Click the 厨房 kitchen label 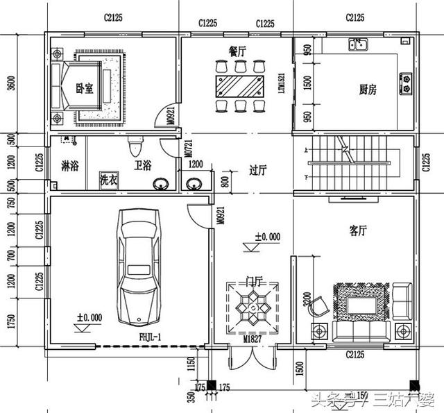(x=368, y=90)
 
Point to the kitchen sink (x=359, y=46)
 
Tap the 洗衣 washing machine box (x=108, y=179)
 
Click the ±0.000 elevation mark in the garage (x=89, y=318)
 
